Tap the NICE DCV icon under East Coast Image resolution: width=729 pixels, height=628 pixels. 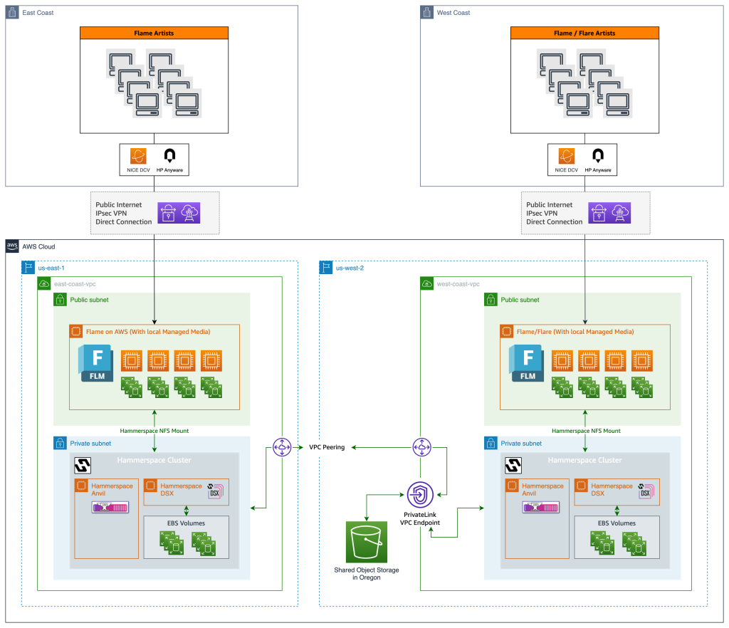(x=139, y=156)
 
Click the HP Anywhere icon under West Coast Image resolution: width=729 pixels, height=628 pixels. (x=598, y=156)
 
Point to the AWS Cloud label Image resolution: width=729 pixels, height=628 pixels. (x=39, y=246)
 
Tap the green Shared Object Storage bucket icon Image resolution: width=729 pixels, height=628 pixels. (x=367, y=543)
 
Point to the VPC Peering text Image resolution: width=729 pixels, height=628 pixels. (x=327, y=448)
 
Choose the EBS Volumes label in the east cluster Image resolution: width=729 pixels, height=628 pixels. (x=186, y=523)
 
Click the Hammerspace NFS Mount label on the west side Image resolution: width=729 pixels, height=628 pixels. (x=586, y=431)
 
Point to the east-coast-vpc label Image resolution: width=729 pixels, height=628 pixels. (x=75, y=283)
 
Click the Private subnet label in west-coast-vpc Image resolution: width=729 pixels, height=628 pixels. (x=521, y=443)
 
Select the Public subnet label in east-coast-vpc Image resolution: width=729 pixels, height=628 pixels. (x=89, y=300)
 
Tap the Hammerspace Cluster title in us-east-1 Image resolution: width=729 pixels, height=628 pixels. (x=154, y=460)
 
